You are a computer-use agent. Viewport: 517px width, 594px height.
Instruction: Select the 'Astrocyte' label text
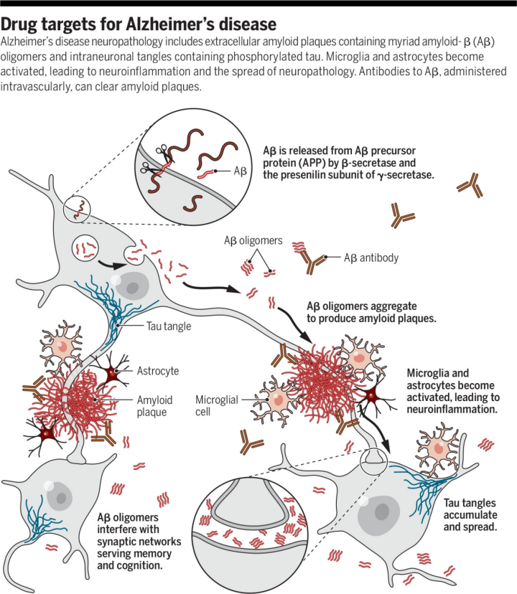point(157,371)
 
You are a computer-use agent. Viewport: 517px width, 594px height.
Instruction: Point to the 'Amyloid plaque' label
point(158,407)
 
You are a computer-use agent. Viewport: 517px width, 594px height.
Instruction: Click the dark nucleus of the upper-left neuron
point(132,286)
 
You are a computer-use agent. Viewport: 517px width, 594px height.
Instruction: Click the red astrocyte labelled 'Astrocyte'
point(113,373)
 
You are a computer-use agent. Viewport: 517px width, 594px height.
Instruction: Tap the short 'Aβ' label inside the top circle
point(242,172)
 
